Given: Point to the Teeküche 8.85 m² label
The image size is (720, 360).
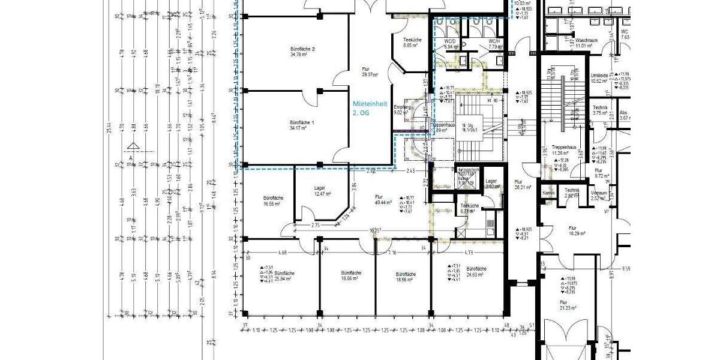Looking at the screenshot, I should click(412, 43).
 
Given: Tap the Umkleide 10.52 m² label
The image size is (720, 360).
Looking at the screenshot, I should click(599, 78).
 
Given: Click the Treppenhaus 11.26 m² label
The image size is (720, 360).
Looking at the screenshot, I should click(564, 150).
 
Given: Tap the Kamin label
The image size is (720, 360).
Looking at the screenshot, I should click(548, 193).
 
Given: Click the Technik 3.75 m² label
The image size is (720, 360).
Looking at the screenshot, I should click(601, 110).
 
